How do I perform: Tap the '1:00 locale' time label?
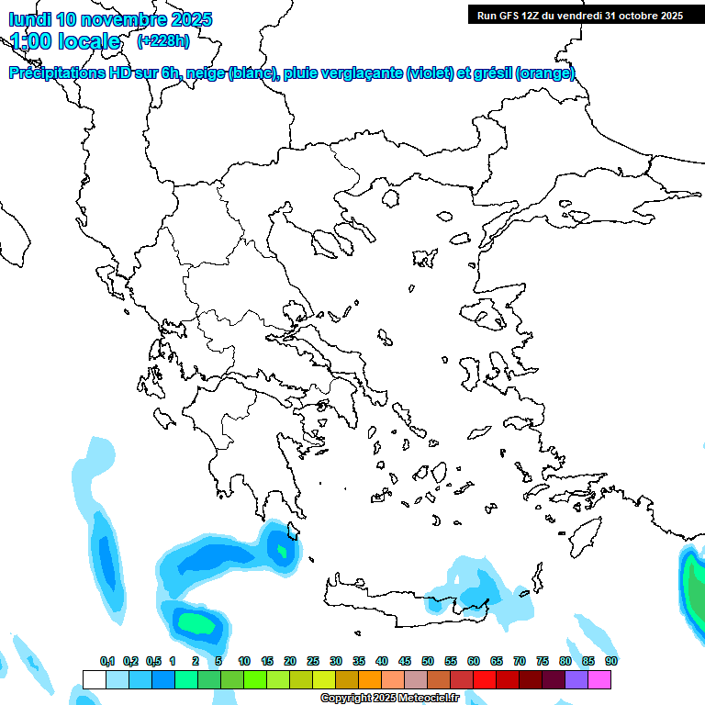click(65, 41)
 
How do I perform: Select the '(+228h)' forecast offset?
click(163, 40)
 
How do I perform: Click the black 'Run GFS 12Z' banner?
click(579, 15)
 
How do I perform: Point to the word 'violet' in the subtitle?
click(429, 73)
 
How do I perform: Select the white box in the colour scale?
click(94, 679)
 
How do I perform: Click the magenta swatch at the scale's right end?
click(599, 679)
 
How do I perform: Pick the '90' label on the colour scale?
click(610, 661)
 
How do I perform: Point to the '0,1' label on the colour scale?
click(107, 661)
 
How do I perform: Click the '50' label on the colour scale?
click(428, 661)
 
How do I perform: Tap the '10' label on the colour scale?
click(244, 661)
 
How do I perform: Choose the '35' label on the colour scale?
click(359, 661)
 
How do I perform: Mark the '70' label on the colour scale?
click(520, 661)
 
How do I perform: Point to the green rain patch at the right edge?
click(695, 597)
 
